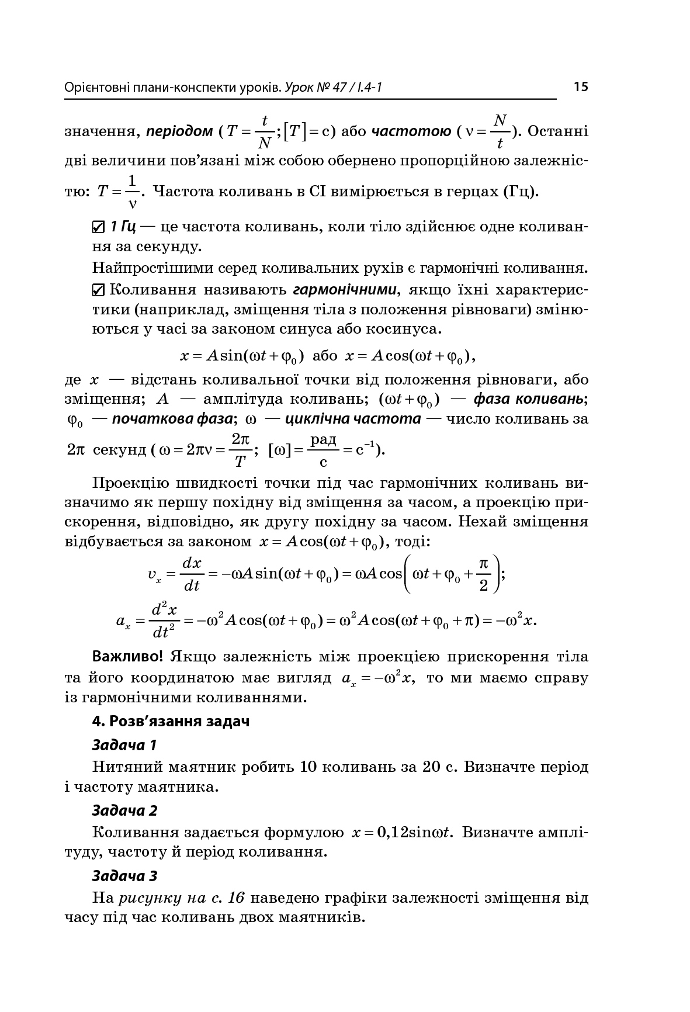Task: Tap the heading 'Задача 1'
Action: [124, 745]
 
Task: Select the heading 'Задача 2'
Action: [124, 810]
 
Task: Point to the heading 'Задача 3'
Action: [124, 876]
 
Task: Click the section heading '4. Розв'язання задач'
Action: [171, 721]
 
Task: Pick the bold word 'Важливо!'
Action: [128, 656]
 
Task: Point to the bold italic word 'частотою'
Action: [411, 131]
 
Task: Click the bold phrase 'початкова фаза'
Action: [172, 418]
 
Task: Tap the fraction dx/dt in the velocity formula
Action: [192, 574]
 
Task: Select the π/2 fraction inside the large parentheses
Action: [483, 574]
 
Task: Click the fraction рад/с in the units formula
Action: [323, 450]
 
